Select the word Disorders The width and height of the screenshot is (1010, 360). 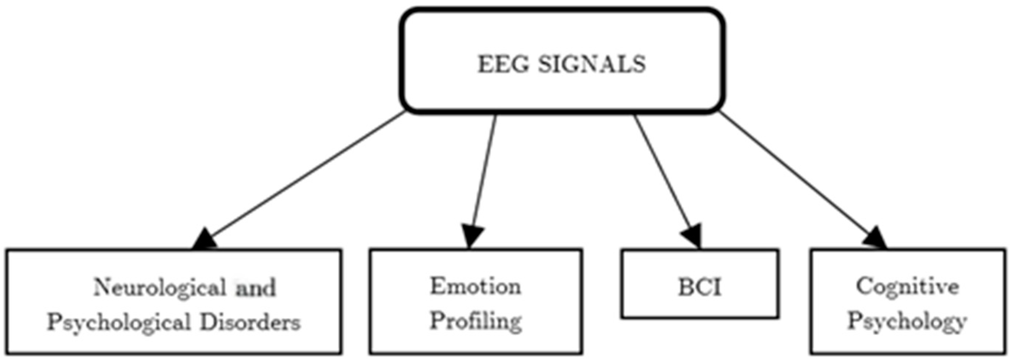[x=250, y=323]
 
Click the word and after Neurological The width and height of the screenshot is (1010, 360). [x=256, y=288]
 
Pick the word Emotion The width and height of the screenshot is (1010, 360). [x=476, y=286]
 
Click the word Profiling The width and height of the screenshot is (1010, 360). [x=476, y=321]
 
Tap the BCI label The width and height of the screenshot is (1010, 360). [x=700, y=288]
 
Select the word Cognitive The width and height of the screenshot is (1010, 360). [x=907, y=287]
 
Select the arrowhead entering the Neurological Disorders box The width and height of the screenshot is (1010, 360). [x=205, y=240]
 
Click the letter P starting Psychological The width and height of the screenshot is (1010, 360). [x=54, y=323]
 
